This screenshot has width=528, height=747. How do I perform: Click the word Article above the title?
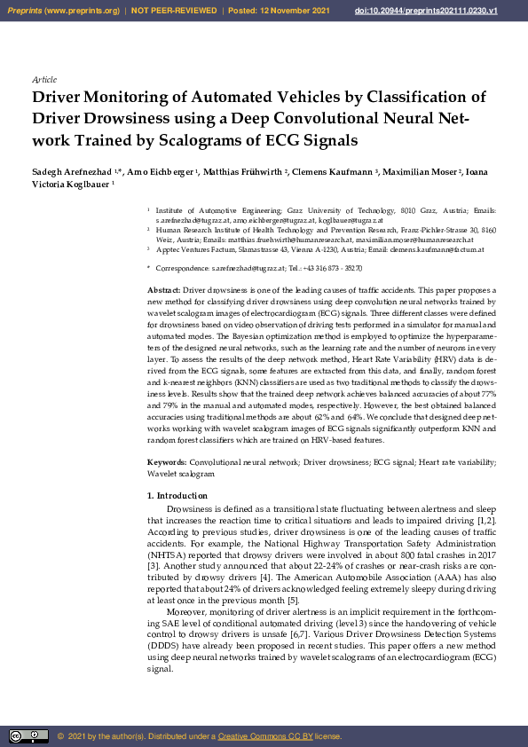click(x=43, y=79)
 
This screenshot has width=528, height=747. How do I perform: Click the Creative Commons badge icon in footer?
click(x=28, y=736)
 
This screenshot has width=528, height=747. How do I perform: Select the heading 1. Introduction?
click(x=177, y=495)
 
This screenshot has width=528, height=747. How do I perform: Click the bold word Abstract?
click(x=163, y=290)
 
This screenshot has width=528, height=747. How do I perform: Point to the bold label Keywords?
click(x=167, y=462)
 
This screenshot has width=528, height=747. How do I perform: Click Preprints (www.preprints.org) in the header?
click(x=61, y=10)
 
